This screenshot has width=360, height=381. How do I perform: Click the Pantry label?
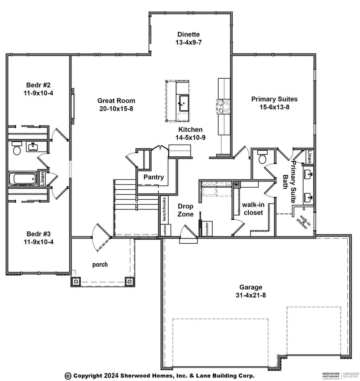(154, 177)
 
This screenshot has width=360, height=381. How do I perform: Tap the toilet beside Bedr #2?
(17, 149)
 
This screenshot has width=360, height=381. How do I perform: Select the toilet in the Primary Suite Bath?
(262, 158)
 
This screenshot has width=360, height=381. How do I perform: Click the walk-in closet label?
(252, 209)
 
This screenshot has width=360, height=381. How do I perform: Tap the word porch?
(100, 264)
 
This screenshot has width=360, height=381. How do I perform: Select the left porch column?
(76, 281)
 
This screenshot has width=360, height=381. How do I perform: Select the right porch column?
(129, 281)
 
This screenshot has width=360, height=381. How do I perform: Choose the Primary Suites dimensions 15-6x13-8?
(274, 107)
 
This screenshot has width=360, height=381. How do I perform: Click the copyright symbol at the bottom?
(68, 375)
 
